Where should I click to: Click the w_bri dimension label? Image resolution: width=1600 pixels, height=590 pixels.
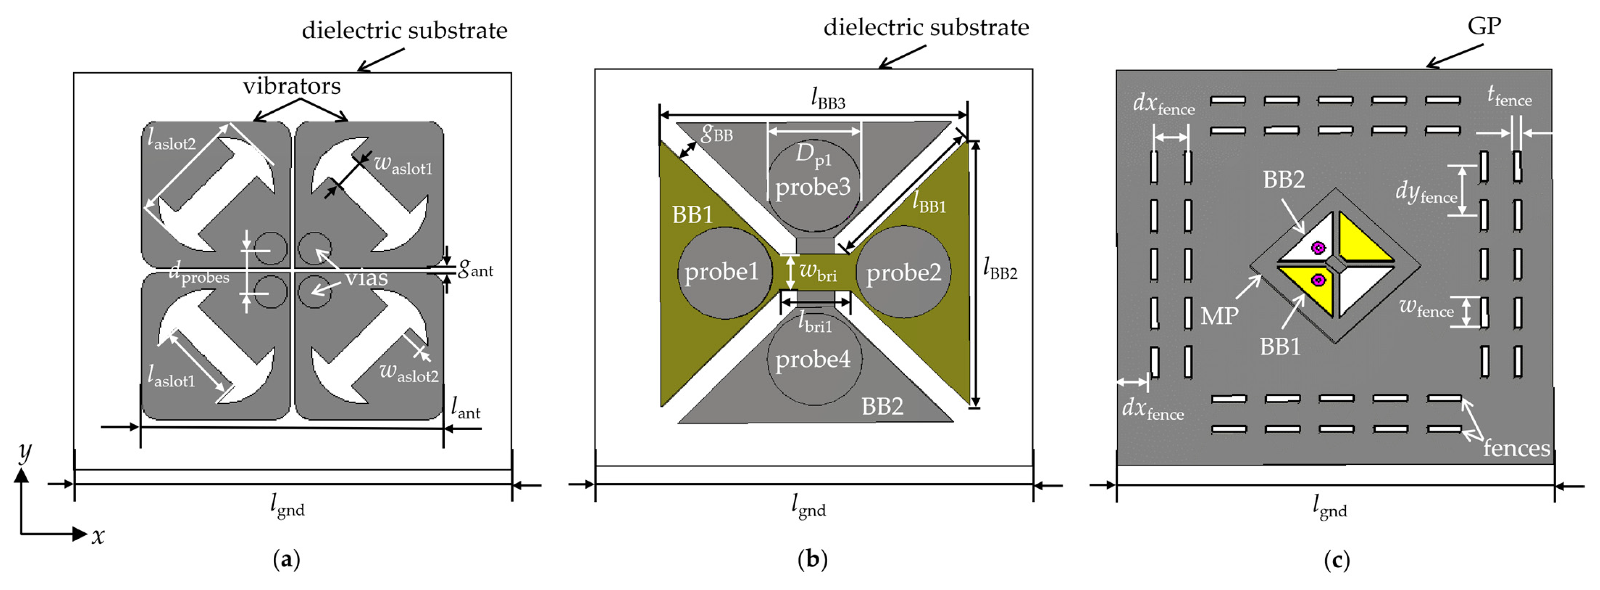click(818, 272)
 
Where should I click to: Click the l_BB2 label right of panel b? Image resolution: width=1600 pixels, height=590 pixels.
click(1000, 269)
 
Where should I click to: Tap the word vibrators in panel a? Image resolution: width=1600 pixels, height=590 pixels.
click(291, 86)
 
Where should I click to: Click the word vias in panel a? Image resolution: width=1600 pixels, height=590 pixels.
click(367, 278)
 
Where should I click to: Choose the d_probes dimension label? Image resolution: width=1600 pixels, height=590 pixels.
click(199, 274)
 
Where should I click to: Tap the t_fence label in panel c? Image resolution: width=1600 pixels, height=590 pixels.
click(1509, 96)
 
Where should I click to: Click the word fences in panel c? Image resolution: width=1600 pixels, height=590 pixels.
click(1516, 448)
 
